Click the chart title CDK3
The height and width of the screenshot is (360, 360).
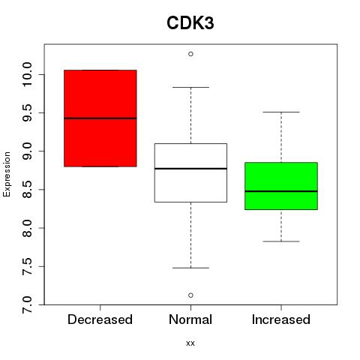[190, 22]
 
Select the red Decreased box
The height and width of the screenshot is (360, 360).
[100, 118]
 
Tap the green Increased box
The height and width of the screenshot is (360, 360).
[281, 186]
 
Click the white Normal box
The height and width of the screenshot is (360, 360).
[190, 172]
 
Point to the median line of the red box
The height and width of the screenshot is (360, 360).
[100, 118]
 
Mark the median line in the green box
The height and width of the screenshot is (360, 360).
[281, 191]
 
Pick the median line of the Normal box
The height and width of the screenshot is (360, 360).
[190, 169]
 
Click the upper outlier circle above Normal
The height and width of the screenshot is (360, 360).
[190, 54]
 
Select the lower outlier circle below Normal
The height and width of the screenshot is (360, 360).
[190, 295]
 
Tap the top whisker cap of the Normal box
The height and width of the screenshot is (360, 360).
[190, 87]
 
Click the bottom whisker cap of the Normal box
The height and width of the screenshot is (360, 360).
[190, 268]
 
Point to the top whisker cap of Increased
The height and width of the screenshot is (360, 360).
[281, 112]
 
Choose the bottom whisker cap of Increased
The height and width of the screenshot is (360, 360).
[281, 241]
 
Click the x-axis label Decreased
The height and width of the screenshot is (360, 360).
[100, 319]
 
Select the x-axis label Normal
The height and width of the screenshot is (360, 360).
[190, 319]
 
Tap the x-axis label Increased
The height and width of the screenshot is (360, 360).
[281, 319]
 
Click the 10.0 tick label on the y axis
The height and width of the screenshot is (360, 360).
[27, 74]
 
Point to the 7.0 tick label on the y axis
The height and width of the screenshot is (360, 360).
[27, 304]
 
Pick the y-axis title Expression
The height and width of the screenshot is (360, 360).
[7, 174]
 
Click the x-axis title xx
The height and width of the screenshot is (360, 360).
[190, 343]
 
